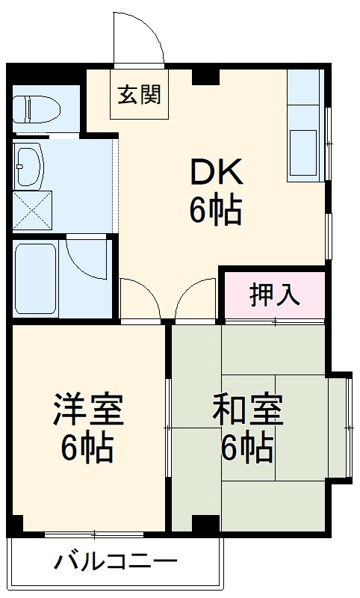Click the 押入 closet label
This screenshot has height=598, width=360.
point(275,295)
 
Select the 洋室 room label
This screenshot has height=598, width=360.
point(87,410)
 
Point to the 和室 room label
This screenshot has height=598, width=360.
point(246,410)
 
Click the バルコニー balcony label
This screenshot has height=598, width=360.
point(115,561)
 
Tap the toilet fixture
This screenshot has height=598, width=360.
point(36,108)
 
